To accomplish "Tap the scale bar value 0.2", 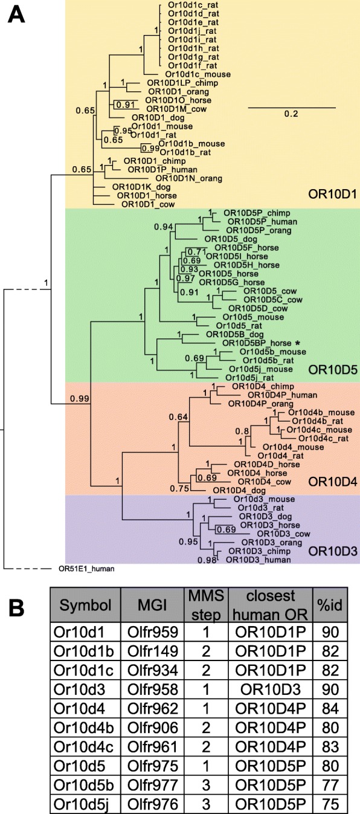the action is coord(291,114).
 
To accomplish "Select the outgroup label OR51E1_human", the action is coord(86,569).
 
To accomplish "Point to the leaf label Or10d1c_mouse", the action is coord(198,74).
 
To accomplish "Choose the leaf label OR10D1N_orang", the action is coord(188,178).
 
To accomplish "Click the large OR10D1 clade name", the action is coord(332,194).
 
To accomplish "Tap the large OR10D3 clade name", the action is coord(333,551).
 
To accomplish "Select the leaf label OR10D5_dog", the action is coord(231,239).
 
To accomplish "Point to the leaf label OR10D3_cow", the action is coord(284,534).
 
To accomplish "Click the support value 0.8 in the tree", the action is coord(242,431).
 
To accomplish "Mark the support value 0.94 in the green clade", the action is coord(164,227).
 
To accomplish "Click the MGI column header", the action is coord(152,605).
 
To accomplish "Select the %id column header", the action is coord(330,605).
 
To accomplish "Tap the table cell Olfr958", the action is coord(153,690).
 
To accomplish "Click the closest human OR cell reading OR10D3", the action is coord(271,690).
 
